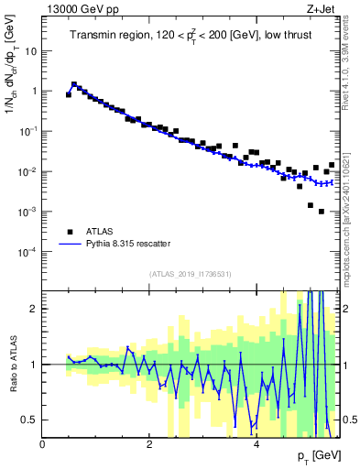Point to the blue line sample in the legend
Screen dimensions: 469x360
click(x=69, y=245)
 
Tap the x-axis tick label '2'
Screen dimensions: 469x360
click(x=149, y=444)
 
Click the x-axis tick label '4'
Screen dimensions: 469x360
click(x=256, y=444)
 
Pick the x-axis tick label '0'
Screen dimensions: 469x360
click(x=43, y=444)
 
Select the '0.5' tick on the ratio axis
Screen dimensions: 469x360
click(x=29, y=420)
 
